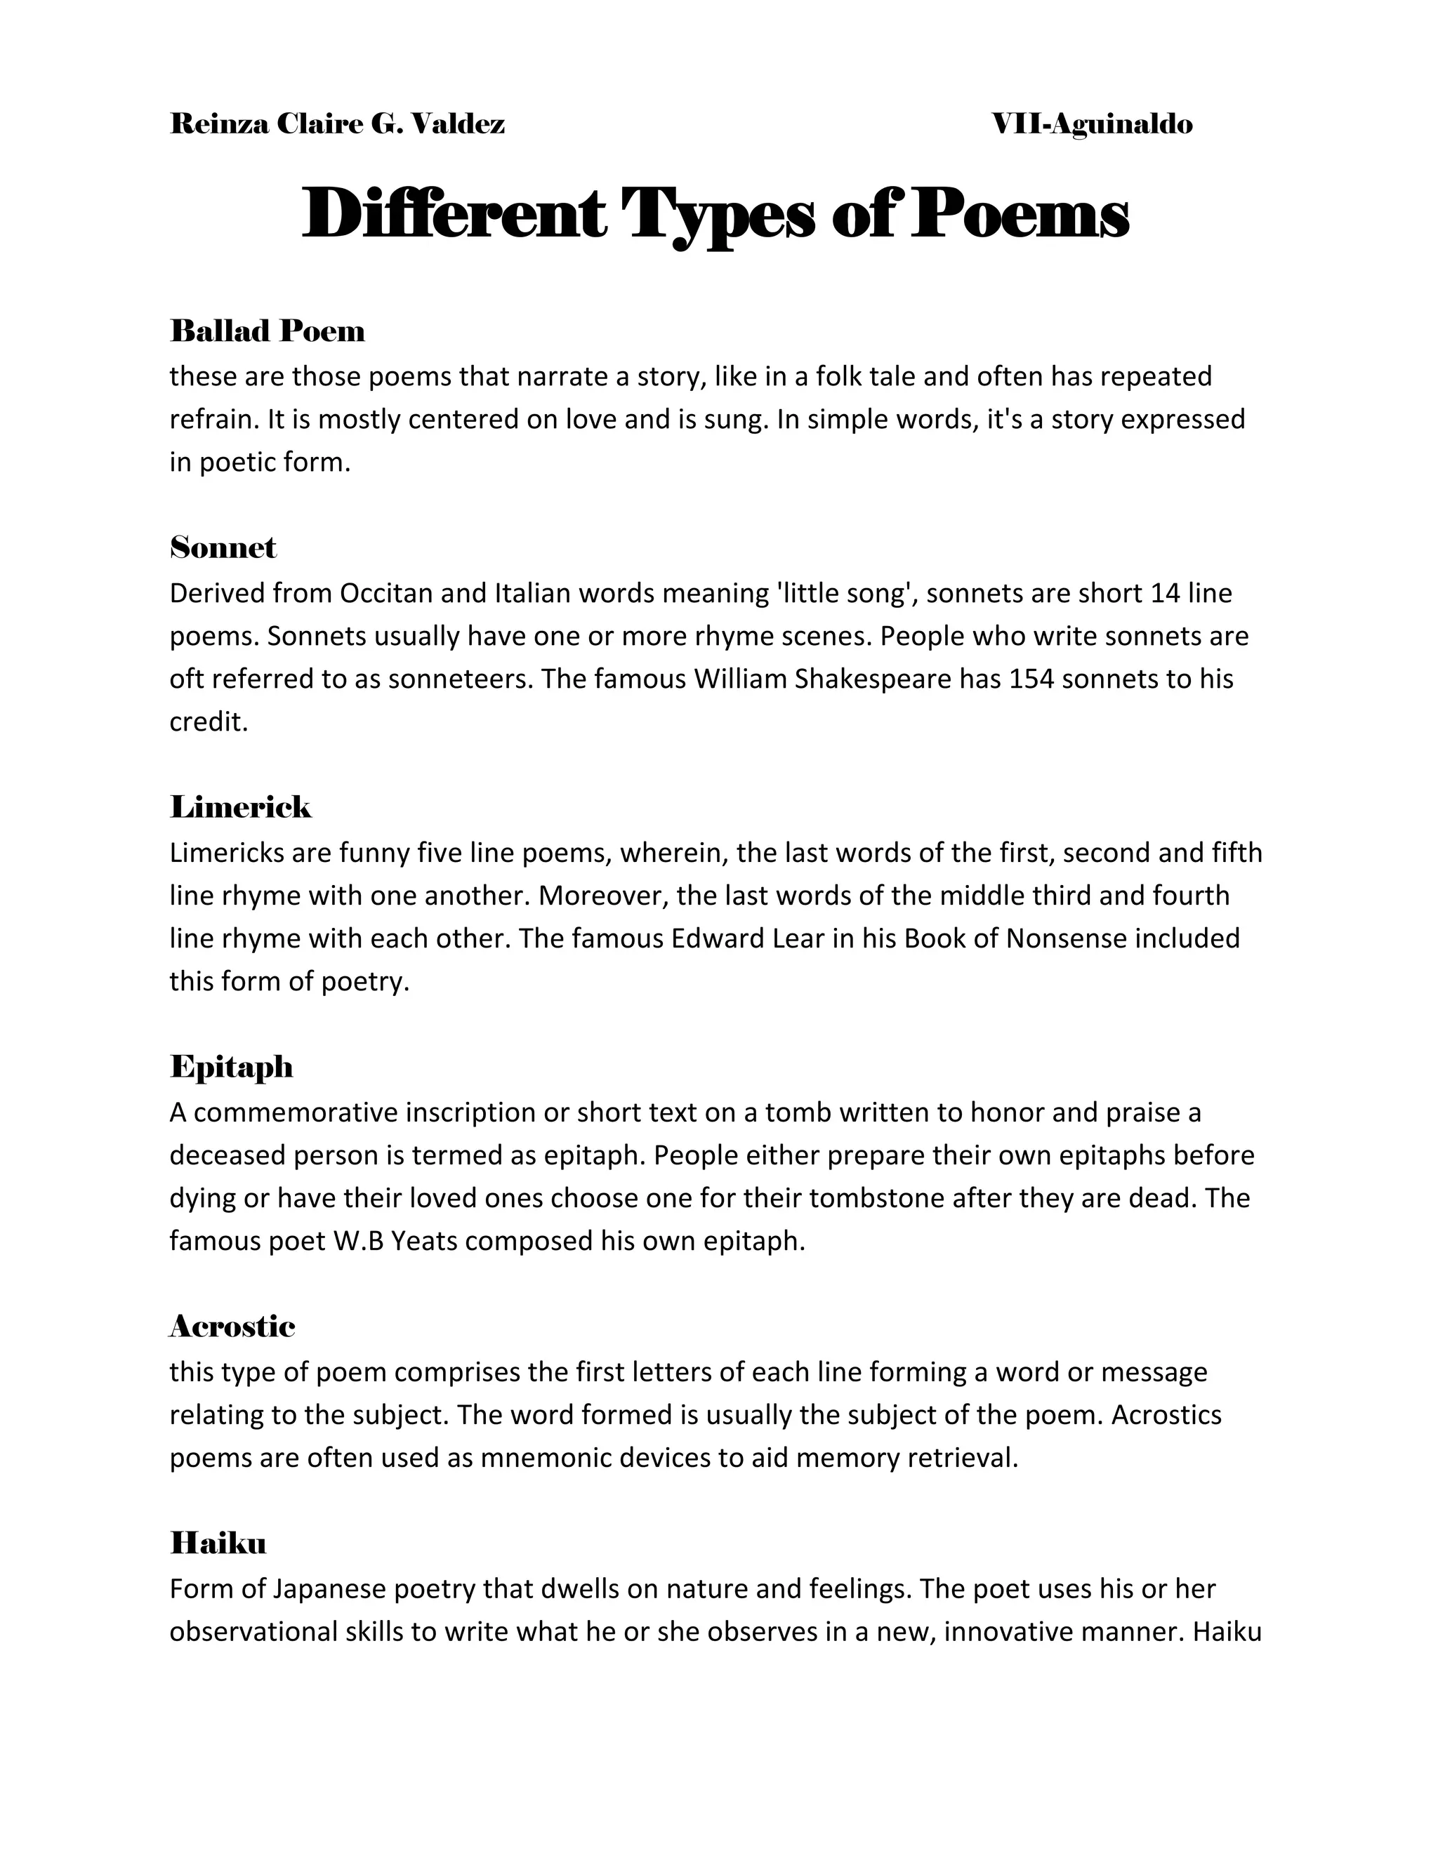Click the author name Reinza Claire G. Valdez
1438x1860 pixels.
click(337, 124)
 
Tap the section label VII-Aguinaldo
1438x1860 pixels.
click(1092, 124)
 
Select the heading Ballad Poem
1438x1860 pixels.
click(268, 331)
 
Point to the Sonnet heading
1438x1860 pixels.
click(223, 547)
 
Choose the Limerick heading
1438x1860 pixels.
click(241, 806)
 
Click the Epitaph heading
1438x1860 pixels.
click(232, 1066)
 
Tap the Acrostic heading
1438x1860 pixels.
click(232, 1326)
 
